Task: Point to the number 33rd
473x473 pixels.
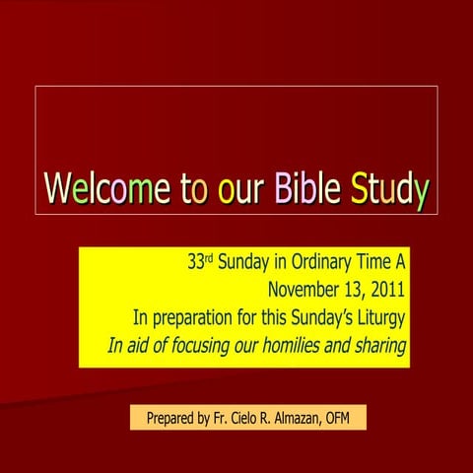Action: click(201, 263)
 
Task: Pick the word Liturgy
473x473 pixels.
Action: click(379, 318)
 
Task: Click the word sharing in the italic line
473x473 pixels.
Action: click(379, 347)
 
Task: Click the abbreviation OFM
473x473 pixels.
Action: click(349, 419)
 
